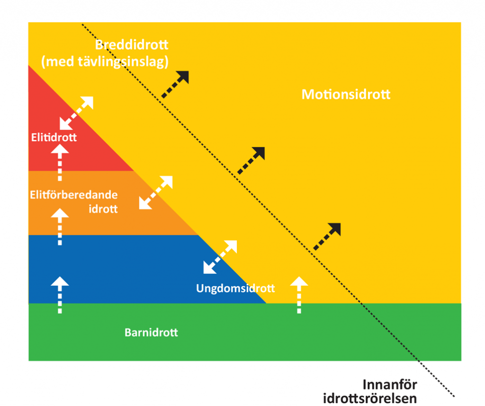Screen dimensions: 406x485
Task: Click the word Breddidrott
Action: coord(132,45)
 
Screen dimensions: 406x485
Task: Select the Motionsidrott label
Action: coord(346,94)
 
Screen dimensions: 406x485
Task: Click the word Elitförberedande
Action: coord(73,195)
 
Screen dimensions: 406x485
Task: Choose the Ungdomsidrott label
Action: coord(235,288)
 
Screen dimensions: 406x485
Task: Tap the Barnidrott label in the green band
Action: coord(151,332)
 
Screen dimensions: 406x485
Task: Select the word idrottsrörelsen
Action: coord(370,398)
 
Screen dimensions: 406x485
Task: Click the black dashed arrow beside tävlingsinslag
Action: coord(175,84)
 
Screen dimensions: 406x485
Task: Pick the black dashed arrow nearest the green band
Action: coord(327,236)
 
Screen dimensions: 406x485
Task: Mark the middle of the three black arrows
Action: coord(251,160)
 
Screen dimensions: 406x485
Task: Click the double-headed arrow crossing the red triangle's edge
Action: coord(77,113)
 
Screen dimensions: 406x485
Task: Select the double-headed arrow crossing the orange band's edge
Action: coord(156,192)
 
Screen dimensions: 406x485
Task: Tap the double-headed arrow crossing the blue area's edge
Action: coord(220,257)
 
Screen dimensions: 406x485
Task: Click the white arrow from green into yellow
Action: coord(299,295)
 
